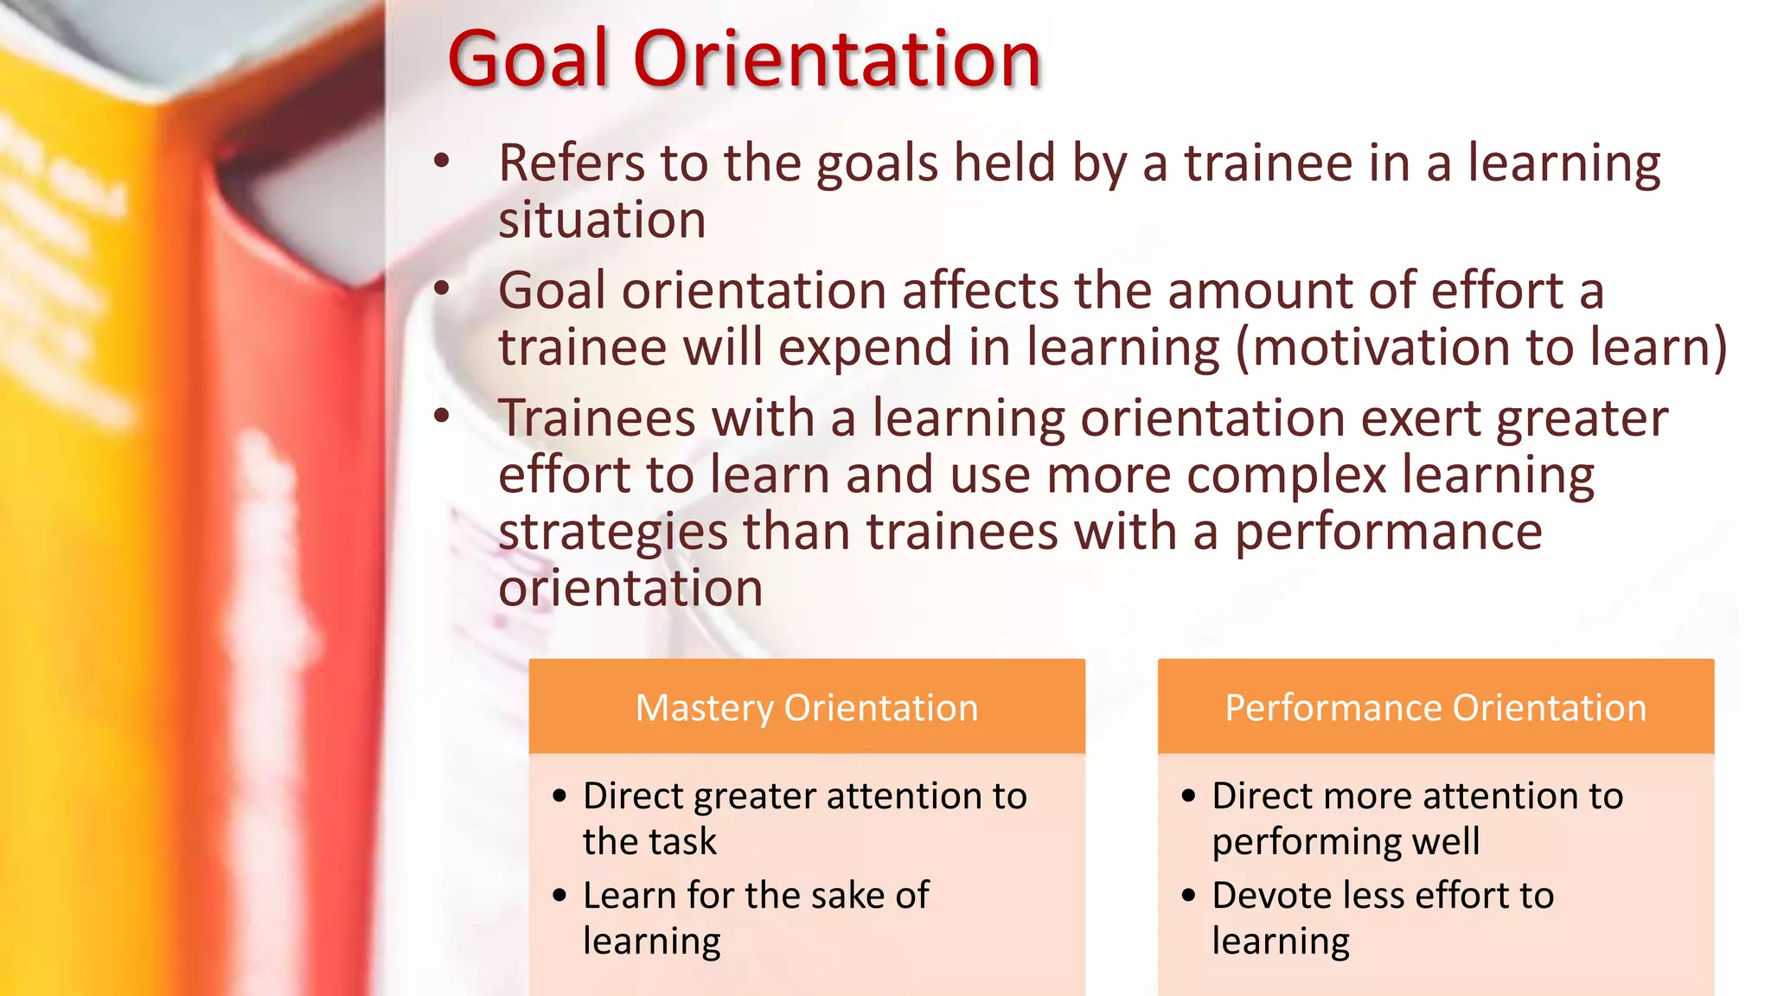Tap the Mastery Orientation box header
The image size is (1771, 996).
[806, 707]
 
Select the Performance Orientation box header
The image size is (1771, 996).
[1435, 707]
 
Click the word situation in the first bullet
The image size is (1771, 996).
[602, 220]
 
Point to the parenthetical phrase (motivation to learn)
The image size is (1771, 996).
[1480, 348]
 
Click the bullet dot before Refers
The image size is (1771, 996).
[442, 161]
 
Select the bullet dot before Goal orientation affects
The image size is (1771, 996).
[442, 288]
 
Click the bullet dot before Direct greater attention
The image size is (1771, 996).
[559, 795]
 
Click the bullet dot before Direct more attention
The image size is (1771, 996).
[1188, 795]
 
